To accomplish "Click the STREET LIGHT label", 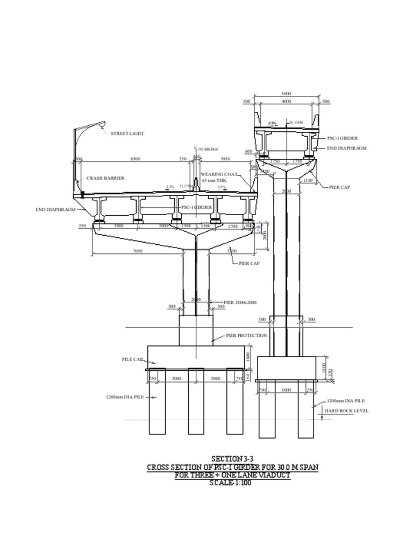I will point(127,133).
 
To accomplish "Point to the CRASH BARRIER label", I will point(105,178).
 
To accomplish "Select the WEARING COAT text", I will point(219,174).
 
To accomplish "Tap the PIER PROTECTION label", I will point(246,335).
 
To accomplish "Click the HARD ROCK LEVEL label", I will point(346,411).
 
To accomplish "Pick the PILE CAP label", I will point(132,359).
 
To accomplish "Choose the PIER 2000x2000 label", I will point(240,302).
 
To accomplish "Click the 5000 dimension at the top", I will point(286,94).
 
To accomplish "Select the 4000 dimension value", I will point(286,101).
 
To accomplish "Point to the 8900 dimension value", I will point(136,159).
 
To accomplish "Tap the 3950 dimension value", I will point(226,159).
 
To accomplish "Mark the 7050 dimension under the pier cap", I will point(138,251).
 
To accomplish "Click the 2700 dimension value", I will point(233,227).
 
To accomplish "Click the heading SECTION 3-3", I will point(232,459).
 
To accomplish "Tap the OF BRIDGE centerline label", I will point(208,149).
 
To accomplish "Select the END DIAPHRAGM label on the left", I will point(56,210).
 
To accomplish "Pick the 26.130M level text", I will point(296,123).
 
